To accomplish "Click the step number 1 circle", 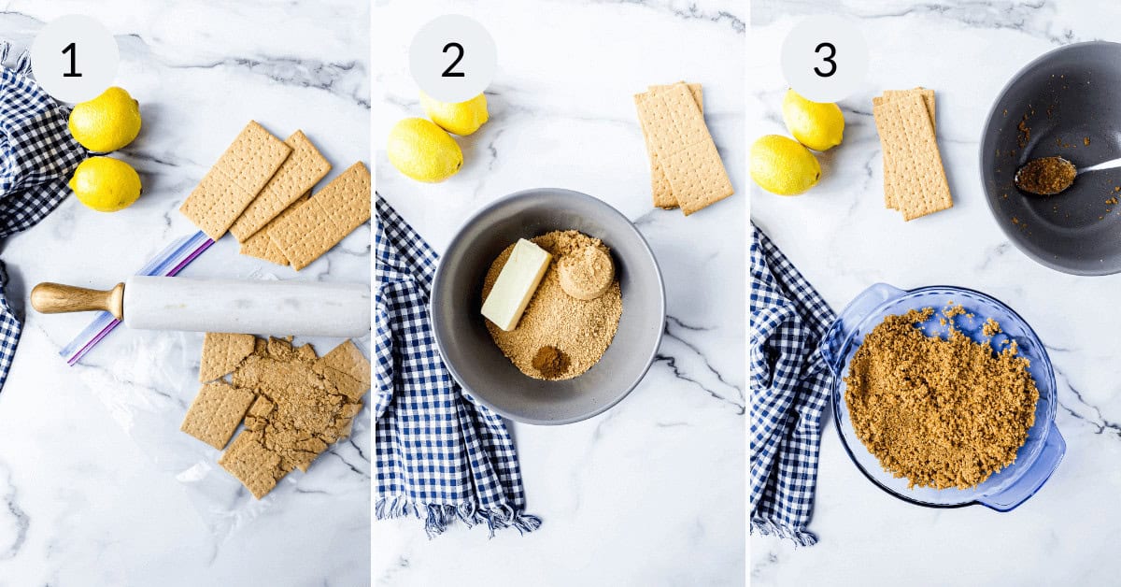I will click(74, 59).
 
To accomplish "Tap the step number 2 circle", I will click(452, 59).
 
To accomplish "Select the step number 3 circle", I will click(824, 59).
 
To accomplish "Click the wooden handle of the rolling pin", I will click(75, 298).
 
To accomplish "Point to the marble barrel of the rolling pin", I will click(248, 306).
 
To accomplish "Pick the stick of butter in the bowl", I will click(516, 283).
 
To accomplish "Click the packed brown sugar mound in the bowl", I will click(586, 271).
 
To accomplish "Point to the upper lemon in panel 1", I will click(105, 120).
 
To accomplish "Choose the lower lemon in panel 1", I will click(106, 183).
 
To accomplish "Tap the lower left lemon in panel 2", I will click(424, 150).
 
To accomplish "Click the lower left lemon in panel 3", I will click(784, 165).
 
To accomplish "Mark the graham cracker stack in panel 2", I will click(682, 147).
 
